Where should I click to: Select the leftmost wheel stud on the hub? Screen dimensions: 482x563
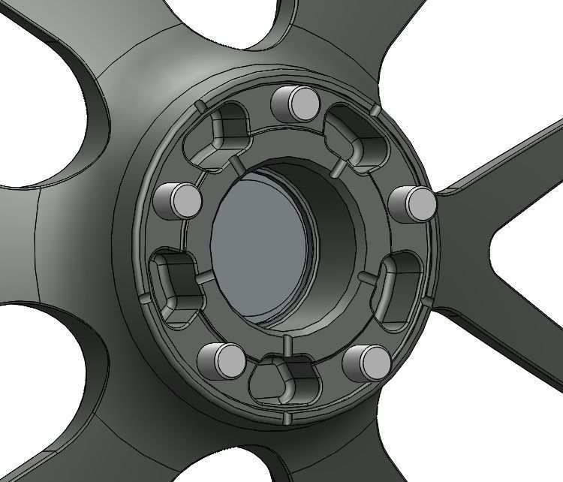tap(178, 200)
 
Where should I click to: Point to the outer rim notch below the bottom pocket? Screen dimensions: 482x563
tap(286, 414)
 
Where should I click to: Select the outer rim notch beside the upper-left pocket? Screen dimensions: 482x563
tap(197, 106)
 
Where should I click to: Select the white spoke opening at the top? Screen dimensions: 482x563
tap(330, 23)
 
